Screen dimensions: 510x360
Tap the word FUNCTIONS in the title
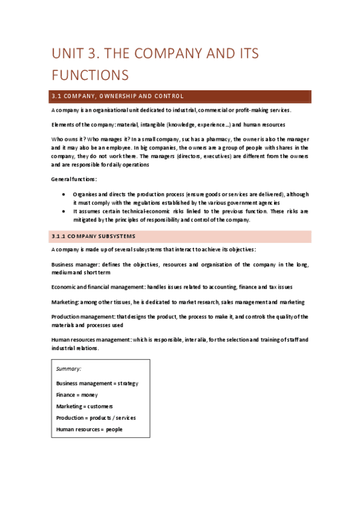(90, 75)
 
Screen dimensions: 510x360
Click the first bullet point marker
(64, 194)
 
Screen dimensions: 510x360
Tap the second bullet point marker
(64, 211)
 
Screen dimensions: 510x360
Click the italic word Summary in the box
(69, 368)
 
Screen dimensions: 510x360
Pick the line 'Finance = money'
(77, 395)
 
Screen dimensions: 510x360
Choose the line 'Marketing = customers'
(84, 406)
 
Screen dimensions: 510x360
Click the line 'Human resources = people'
(89, 429)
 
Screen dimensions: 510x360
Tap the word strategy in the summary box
(128, 382)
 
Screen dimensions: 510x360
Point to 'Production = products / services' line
(96, 417)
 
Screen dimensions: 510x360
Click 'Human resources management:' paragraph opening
(90, 340)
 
